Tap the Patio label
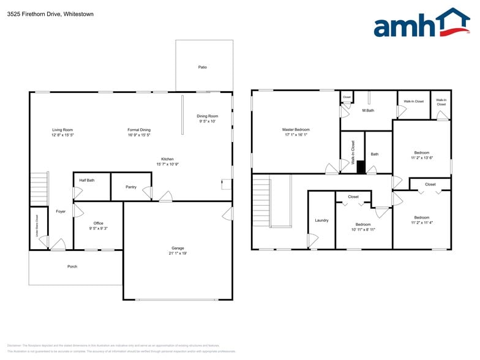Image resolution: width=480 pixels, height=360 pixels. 202,67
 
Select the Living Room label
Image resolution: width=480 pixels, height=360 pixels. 62,130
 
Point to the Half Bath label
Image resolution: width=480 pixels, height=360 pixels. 87,180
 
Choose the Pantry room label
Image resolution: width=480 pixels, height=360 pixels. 131,187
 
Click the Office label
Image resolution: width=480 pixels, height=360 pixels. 98,223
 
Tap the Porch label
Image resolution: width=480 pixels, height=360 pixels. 72,266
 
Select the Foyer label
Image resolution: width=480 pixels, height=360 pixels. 61,211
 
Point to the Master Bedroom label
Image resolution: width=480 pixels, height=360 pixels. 296,130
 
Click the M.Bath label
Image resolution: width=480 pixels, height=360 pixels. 368,110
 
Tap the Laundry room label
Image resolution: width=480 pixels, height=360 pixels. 321,220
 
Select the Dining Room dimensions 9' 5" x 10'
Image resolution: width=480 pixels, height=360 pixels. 208,121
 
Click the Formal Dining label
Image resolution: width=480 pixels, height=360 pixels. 139,130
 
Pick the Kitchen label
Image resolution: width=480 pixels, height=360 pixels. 167,159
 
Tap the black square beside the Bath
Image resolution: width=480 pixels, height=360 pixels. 361,166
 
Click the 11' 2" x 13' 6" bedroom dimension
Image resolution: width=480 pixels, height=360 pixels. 421,157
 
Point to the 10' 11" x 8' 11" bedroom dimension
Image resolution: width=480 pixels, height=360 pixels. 363,230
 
